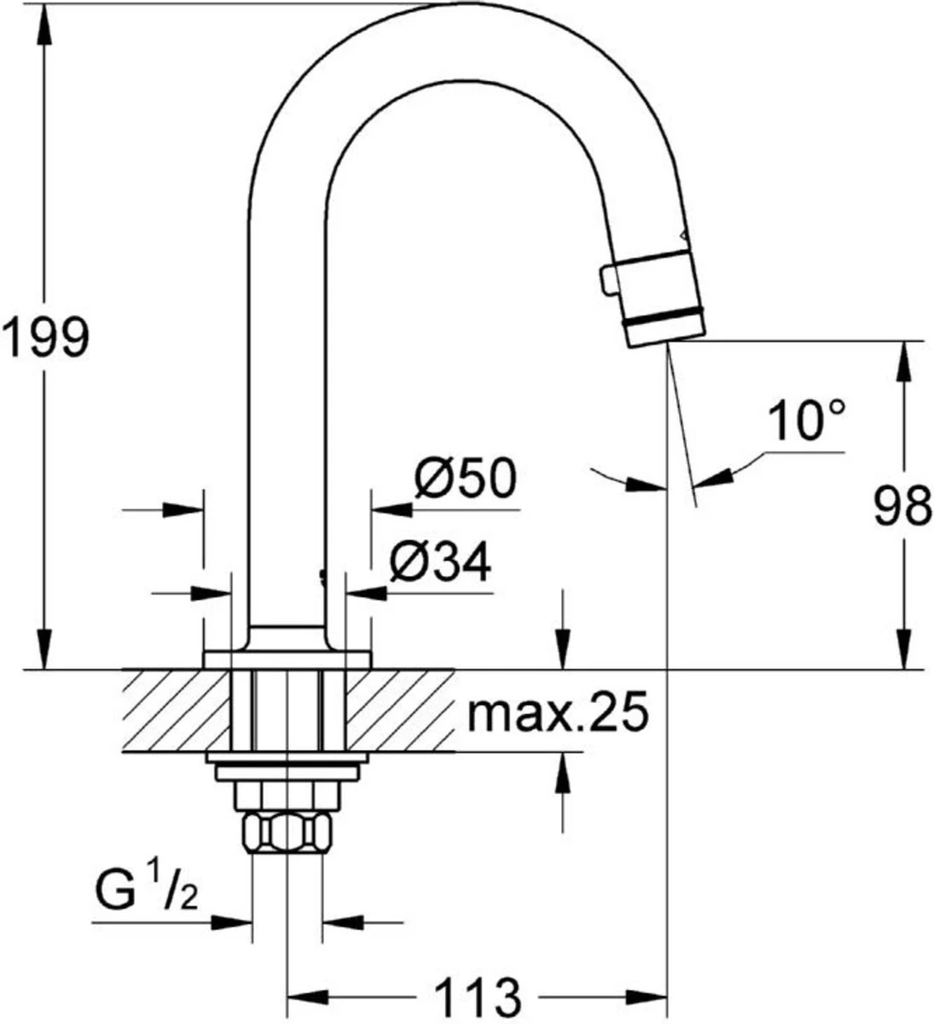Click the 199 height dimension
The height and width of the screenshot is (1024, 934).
(44, 339)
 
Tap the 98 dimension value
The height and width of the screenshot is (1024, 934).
(901, 509)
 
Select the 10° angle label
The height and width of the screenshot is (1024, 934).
(806, 422)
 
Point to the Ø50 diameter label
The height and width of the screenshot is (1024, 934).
(466, 480)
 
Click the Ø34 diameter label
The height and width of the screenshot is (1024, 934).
(441, 562)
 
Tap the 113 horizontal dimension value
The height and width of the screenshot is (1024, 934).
(478, 996)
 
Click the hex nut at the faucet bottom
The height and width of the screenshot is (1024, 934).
(287, 831)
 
